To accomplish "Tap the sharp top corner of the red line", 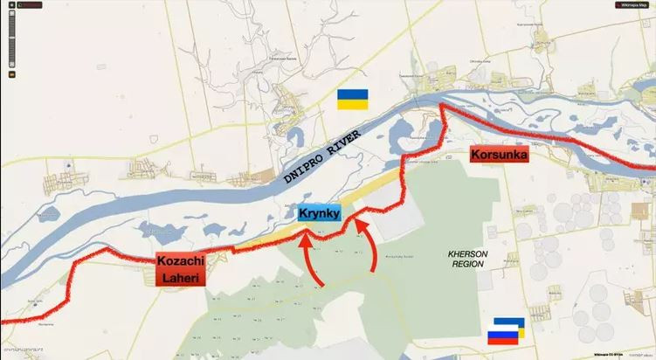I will [x=442, y=105].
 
